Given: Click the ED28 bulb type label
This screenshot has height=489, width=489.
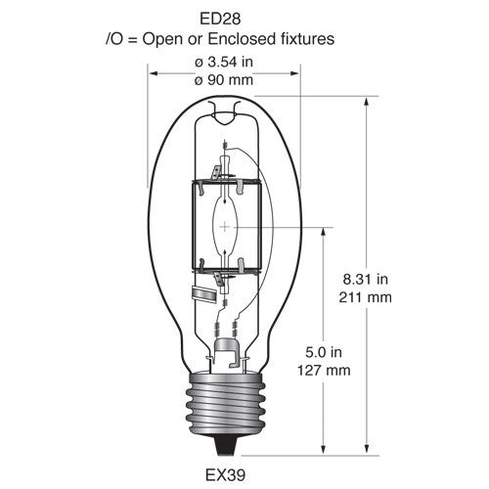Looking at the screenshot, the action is click(220, 19).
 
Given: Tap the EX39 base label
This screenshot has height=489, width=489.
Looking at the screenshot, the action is click(225, 475).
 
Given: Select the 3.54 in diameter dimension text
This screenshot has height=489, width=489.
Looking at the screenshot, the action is click(224, 62).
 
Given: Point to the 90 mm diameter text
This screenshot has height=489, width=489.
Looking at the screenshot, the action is click(224, 80).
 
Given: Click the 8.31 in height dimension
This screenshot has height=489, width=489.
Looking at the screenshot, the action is click(365, 280).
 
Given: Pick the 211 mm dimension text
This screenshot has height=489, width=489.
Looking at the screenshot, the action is click(365, 297).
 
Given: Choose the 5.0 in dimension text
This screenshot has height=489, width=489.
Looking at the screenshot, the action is click(324, 352).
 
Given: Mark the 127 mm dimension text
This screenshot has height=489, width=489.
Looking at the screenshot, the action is click(324, 371).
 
